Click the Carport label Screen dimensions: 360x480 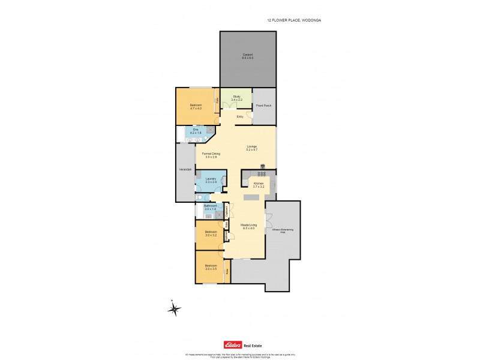[x=248, y=56]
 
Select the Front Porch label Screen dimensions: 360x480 [x=263, y=106]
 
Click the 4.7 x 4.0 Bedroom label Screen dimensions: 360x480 [x=196, y=107]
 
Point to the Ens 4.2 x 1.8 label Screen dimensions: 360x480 [x=196, y=131]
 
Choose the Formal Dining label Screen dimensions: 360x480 [x=211, y=155]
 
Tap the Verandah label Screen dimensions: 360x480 [x=185, y=170]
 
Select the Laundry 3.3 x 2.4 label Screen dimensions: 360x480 [x=211, y=180]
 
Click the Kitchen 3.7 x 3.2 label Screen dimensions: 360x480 [x=259, y=185]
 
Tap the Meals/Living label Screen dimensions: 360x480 [x=248, y=227]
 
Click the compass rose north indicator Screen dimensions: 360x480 [x=174, y=309]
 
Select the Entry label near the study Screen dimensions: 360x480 [x=240, y=116]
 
